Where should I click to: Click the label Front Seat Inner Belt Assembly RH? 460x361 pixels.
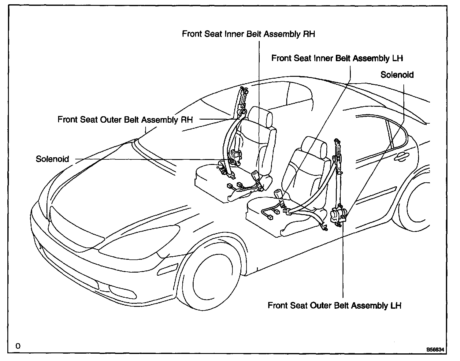248,34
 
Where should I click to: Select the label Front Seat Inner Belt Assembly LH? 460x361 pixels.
337,58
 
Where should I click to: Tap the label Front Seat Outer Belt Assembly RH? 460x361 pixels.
125,119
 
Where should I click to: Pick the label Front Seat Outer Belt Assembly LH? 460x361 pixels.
334,305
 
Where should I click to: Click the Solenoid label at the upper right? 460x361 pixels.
397,75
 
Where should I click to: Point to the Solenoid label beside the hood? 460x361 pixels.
52,159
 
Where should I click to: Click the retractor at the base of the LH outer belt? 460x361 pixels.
339,214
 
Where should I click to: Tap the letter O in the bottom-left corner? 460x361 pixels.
18,346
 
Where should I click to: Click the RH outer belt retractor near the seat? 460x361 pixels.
236,154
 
